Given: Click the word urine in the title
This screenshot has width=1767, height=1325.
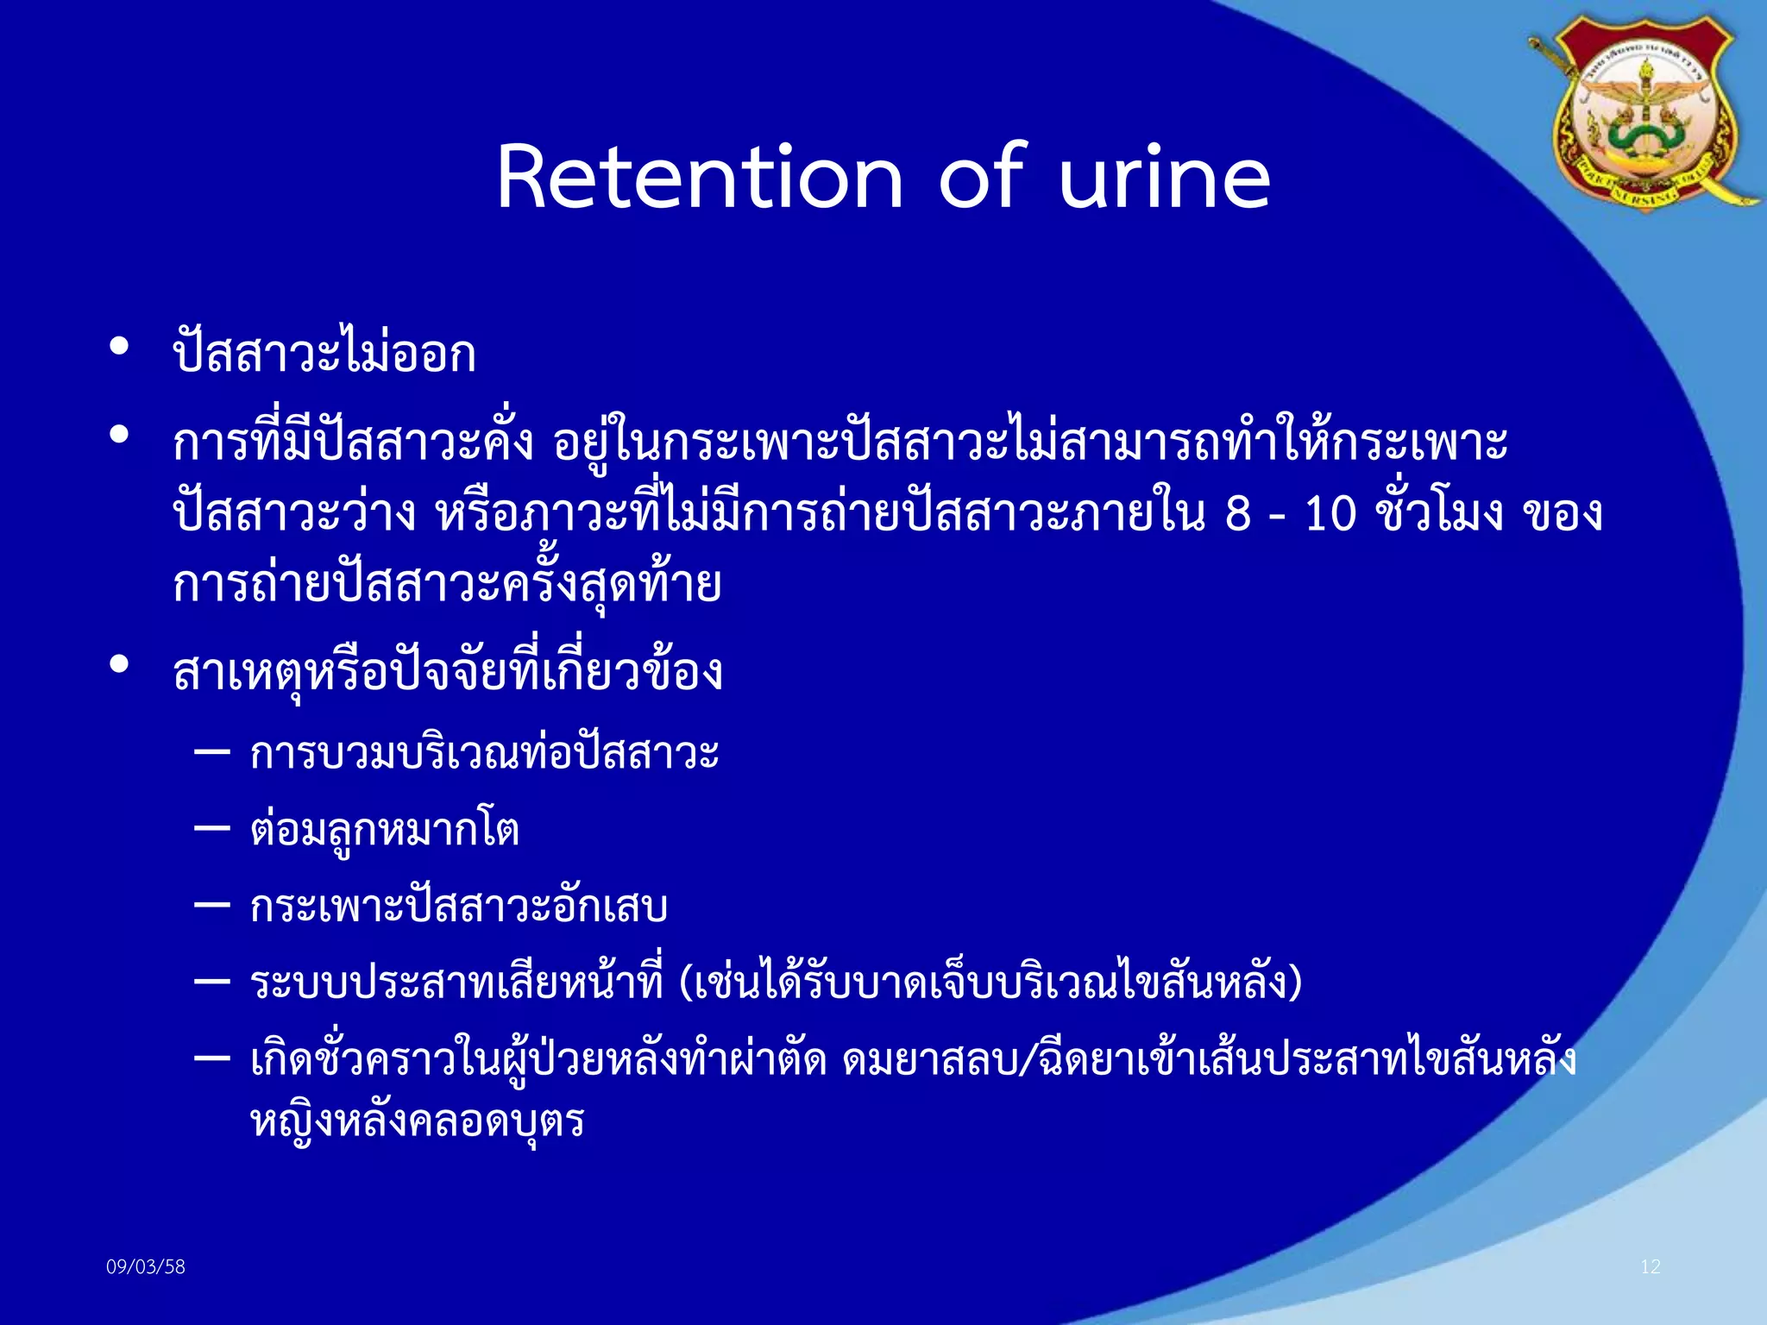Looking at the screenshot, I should pyautogui.click(x=1164, y=177).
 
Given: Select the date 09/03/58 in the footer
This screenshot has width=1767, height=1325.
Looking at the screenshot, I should pyautogui.click(x=146, y=1266).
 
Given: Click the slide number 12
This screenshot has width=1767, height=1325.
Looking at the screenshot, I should pyautogui.click(x=1650, y=1266).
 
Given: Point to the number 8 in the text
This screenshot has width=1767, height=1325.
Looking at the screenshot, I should pyautogui.click(x=1237, y=515).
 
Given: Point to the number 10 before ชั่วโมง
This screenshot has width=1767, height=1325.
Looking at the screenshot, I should pyautogui.click(x=1330, y=515).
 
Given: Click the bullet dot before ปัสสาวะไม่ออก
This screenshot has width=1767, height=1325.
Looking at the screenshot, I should pyautogui.click(x=119, y=347).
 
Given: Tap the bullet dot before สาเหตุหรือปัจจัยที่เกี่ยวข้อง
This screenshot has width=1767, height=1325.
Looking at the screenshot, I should pyautogui.click(x=119, y=664).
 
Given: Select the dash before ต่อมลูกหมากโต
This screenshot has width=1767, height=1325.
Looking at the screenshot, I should pyautogui.click(x=212, y=828).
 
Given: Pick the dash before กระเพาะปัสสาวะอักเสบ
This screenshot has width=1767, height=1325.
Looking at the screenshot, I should pyautogui.click(x=212, y=905).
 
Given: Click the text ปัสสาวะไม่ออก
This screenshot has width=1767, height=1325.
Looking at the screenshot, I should pyautogui.click(x=324, y=354).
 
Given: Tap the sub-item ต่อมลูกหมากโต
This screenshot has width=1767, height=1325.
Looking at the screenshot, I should pyautogui.click(x=385, y=830).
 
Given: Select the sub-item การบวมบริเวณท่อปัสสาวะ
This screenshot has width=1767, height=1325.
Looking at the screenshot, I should pyautogui.click(x=484, y=753).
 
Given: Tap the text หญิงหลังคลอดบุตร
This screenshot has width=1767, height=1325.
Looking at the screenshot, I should pyautogui.click(x=418, y=1121).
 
